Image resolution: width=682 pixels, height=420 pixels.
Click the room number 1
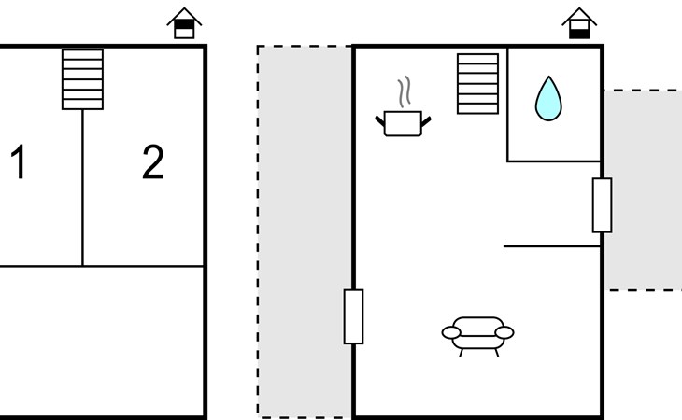[x=19, y=161]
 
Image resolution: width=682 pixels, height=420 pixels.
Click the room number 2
[x=153, y=161]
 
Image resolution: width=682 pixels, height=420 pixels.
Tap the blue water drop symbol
[x=548, y=99]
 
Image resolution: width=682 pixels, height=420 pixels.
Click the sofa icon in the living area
[x=477, y=336]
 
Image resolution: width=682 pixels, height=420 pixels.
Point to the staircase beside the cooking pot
[x=477, y=84]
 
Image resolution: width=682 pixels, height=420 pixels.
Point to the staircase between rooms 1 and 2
[x=82, y=79]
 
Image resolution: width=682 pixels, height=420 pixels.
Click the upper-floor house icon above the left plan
[x=184, y=23]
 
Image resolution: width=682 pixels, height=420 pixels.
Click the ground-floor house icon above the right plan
[x=579, y=23]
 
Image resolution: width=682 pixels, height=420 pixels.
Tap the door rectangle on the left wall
[x=354, y=316]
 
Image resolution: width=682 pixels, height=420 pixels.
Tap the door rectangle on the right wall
[x=602, y=205]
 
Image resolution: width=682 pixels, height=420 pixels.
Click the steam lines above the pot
[x=405, y=92]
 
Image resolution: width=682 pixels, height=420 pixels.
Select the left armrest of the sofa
[x=451, y=332]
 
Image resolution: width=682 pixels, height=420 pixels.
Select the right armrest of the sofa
[x=504, y=332]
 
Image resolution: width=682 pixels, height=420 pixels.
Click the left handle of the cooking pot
[x=380, y=120]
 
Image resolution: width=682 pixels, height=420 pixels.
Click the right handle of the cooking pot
[x=426, y=121]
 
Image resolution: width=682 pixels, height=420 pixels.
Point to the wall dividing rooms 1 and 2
[x=82, y=188]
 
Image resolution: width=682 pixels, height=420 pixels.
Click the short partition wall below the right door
[x=552, y=246]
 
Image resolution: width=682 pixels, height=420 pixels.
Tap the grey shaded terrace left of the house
[x=305, y=231]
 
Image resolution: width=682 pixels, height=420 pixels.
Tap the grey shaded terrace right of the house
[x=643, y=190]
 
